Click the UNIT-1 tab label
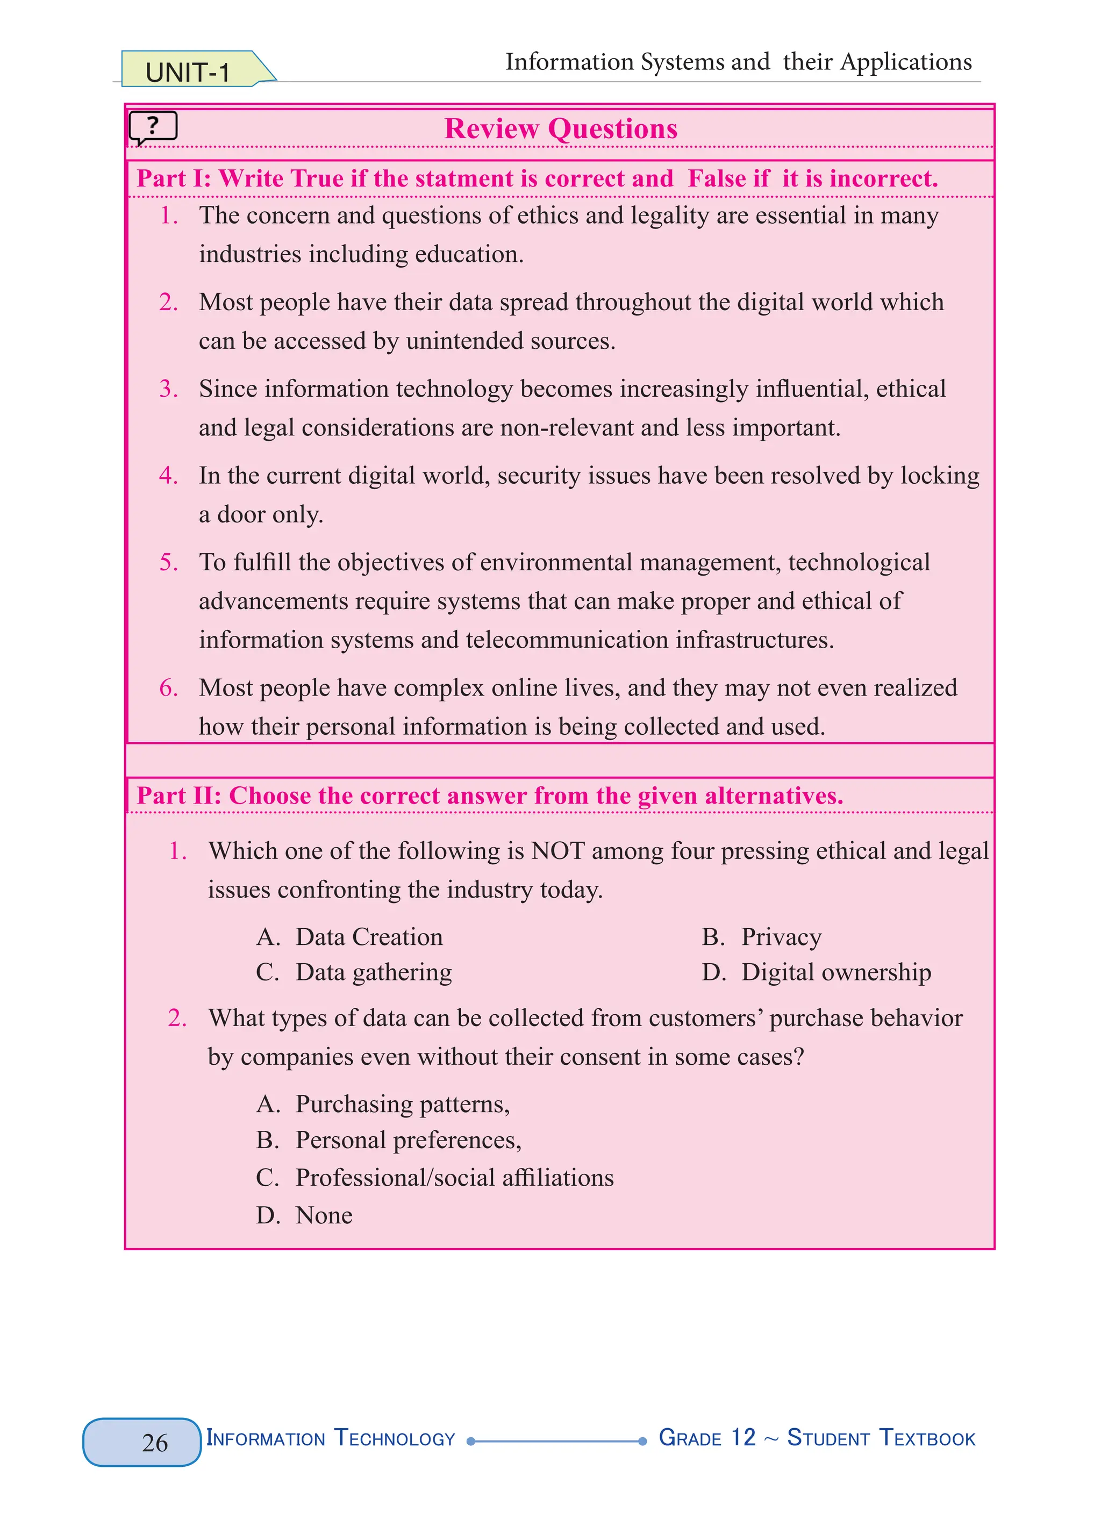pyautogui.click(x=188, y=72)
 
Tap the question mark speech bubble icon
pyautogui.click(x=153, y=126)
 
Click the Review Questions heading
pyautogui.click(x=560, y=128)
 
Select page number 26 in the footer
pyautogui.click(x=154, y=1442)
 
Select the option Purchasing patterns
pyautogui.click(x=402, y=1104)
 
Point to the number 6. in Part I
pyautogui.click(x=168, y=688)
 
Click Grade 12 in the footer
pyautogui.click(x=707, y=1437)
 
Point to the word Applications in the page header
pyautogui.click(x=906, y=62)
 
